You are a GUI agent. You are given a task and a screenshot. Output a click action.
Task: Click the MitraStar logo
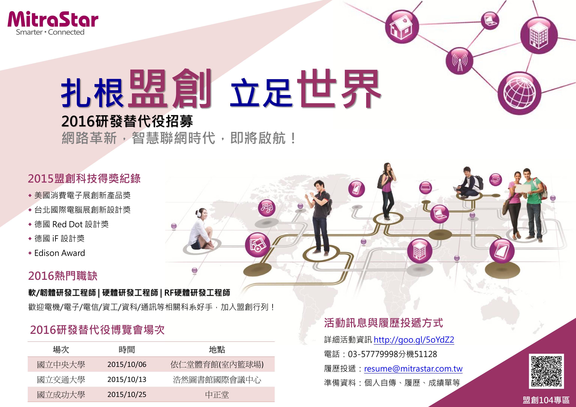tap(53, 23)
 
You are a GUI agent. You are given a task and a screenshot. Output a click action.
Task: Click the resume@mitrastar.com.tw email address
tap(413, 369)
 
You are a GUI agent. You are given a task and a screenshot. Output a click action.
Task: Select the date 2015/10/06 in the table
tap(127, 364)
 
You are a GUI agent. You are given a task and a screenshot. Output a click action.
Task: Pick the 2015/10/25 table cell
tap(127, 394)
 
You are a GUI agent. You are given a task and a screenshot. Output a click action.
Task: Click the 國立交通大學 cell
tap(61, 380)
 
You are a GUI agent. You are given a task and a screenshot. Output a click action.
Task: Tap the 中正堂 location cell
tap(217, 395)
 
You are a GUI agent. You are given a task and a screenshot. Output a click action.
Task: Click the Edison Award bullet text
tap(60, 253)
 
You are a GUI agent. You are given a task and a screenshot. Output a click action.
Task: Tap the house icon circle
tap(402, 27)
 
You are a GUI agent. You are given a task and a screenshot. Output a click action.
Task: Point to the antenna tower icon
tap(460, 61)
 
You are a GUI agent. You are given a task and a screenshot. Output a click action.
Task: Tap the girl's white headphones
tap(200, 213)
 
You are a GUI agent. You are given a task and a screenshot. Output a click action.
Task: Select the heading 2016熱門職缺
tap(63, 276)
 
